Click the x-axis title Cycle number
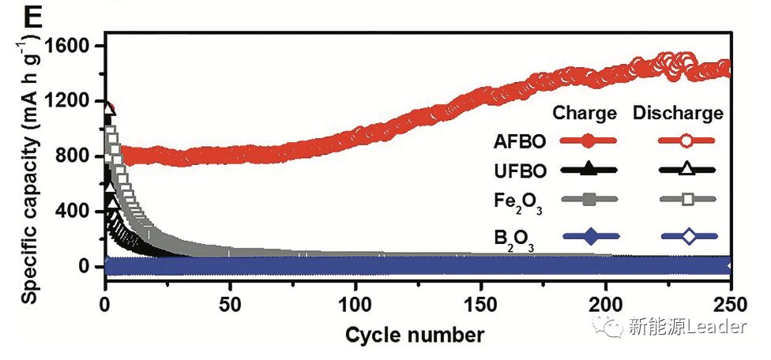[x=415, y=335]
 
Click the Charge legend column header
[x=585, y=114]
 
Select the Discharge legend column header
[x=678, y=114]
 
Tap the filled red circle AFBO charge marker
[x=585, y=141]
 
